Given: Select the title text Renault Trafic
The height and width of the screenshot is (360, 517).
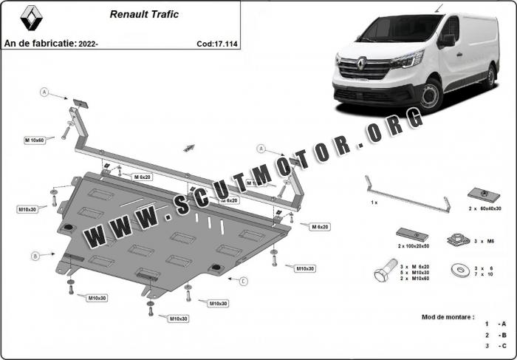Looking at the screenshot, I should [144, 14].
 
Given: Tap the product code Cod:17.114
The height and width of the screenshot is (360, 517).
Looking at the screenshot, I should [216, 44].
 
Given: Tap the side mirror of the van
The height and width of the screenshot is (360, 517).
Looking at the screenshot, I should [446, 41].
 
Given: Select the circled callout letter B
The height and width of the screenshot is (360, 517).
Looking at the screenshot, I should [34, 256].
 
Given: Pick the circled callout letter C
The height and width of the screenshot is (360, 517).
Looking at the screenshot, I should [244, 280].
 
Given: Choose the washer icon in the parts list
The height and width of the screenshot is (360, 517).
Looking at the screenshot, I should [462, 271].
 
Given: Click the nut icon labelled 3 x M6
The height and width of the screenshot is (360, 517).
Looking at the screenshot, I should [454, 240].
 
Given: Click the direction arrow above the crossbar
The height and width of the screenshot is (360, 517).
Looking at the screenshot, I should [190, 147].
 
